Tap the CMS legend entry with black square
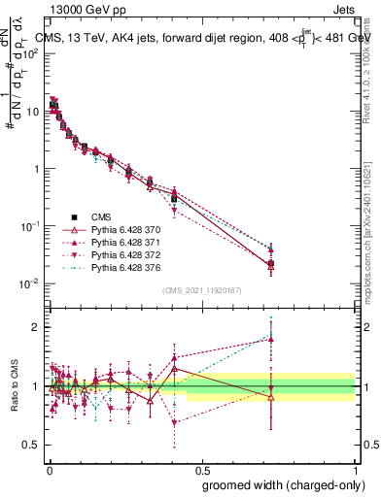pyautogui.click(x=102, y=216)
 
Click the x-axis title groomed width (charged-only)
pyautogui.click(x=279, y=483)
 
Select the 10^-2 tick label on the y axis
pyautogui.click(x=29, y=283)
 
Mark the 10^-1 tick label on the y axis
pyautogui.click(x=29, y=226)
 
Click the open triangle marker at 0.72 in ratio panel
pyautogui.click(x=271, y=397)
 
